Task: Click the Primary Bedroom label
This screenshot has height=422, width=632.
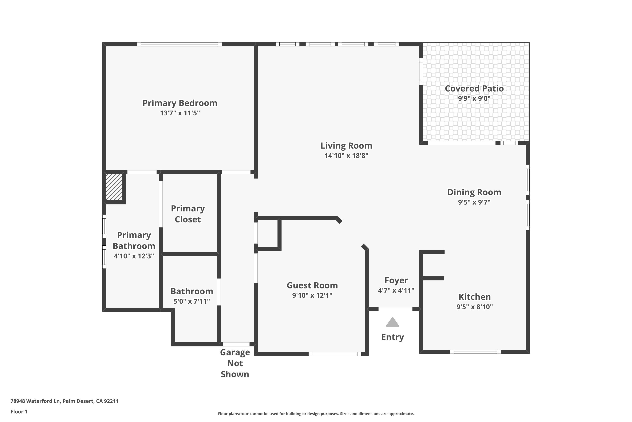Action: [x=180, y=103]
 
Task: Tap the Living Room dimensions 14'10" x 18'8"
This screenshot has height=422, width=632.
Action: [x=346, y=156]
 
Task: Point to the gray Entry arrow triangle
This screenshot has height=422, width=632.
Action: [x=393, y=322]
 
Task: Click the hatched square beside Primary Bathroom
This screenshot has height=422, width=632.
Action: [x=114, y=187]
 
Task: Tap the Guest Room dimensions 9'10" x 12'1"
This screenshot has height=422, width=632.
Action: [x=312, y=295]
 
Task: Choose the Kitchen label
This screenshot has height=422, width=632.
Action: [x=475, y=297]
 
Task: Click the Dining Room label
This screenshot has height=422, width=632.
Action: [x=474, y=192]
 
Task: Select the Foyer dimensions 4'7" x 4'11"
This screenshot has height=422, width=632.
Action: [x=396, y=290]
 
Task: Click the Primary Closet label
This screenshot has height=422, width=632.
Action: [x=188, y=214]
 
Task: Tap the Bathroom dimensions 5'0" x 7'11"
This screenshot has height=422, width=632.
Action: [x=191, y=301]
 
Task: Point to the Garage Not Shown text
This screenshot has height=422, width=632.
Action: [x=235, y=363]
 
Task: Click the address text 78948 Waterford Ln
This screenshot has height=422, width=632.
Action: [x=35, y=401]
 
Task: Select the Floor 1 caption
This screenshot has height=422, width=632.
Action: [x=19, y=411]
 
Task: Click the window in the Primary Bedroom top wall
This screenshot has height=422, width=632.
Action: [x=179, y=44]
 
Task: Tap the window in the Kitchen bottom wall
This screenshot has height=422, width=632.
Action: [x=475, y=352]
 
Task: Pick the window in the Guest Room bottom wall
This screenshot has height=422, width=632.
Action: [x=335, y=354]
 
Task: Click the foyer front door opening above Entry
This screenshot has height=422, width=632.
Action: [x=396, y=309]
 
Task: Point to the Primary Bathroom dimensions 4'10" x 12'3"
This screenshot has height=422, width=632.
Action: [x=134, y=256]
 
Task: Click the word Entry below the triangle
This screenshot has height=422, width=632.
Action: [x=393, y=337]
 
